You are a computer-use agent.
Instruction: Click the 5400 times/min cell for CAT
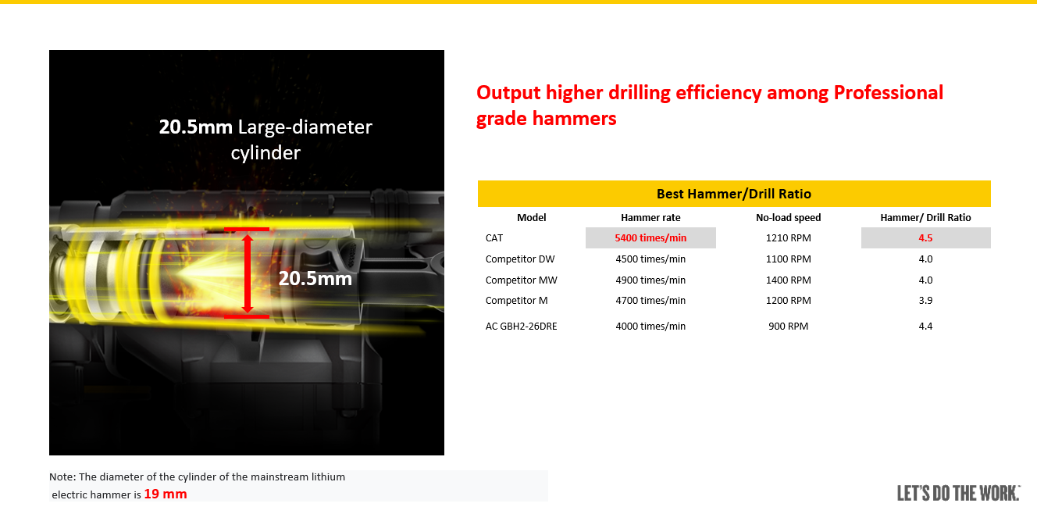click(x=650, y=238)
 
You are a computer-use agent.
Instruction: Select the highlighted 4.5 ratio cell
click(x=925, y=238)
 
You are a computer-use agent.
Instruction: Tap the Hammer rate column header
click(x=650, y=218)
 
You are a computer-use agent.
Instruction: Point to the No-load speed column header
click(x=789, y=218)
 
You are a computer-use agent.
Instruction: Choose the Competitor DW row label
click(x=520, y=259)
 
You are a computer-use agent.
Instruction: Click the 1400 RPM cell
click(x=789, y=280)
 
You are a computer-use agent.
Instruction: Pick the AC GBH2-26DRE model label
click(x=522, y=327)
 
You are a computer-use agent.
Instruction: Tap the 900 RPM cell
click(x=789, y=327)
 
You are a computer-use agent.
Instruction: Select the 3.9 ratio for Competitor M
click(x=925, y=301)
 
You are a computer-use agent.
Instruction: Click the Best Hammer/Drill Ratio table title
click(x=734, y=194)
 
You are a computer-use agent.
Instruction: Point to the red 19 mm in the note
click(x=166, y=494)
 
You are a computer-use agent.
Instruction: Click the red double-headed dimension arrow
click(x=248, y=273)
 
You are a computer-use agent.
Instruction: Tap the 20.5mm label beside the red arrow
click(x=315, y=278)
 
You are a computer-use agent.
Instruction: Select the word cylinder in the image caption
click(x=265, y=153)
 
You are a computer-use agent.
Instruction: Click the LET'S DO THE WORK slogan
click(x=958, y=493)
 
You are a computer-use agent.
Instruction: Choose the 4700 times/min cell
click(x=650, y=301)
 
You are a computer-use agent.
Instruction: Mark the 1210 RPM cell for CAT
click(x=789, y=238)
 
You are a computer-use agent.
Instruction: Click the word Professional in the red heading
click(x=889, y=93)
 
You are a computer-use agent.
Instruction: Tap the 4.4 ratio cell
click(x=925, y=327)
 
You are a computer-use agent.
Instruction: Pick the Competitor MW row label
click(x=522, y=280)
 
